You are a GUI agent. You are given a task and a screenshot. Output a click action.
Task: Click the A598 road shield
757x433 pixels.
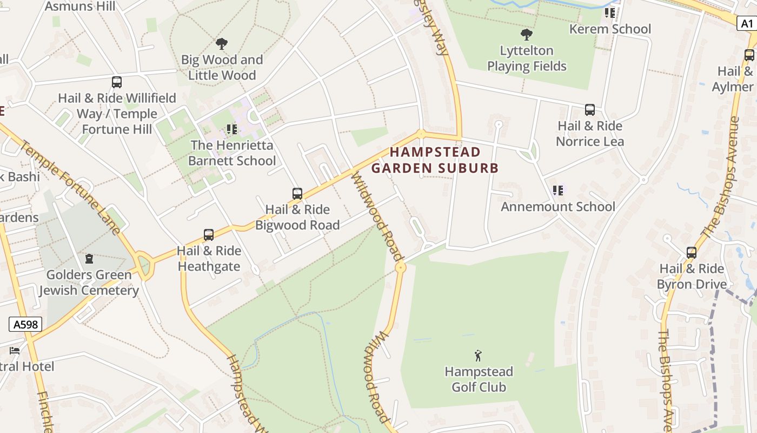point(25,324)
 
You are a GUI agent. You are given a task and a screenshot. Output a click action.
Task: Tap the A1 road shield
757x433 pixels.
point(747,23)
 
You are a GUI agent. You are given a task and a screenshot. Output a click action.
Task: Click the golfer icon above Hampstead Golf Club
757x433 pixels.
point(478,356)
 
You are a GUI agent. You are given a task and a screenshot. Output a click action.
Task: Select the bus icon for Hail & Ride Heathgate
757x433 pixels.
point(209,235)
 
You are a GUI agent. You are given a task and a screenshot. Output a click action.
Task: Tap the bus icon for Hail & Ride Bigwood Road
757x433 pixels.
point(297,193)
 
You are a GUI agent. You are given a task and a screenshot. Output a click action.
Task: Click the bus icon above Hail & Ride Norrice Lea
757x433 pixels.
point(590,110)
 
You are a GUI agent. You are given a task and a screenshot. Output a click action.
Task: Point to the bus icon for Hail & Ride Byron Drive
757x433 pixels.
point(691,253)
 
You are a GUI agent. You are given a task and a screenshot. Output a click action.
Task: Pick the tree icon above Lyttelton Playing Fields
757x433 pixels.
point(526,35)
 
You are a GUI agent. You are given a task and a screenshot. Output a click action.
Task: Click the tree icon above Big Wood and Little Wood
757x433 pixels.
point(221,44)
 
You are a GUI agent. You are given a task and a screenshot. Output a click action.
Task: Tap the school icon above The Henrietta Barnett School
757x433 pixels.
point(232,129)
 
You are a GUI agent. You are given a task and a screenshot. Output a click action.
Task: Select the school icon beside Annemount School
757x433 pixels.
point(558,191)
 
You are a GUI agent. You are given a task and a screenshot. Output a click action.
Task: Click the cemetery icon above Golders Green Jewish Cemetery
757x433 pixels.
point(89,259)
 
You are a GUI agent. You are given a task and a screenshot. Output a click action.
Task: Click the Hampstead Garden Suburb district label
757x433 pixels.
point(435,160)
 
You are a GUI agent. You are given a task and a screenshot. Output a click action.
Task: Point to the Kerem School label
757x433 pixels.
point(610,29)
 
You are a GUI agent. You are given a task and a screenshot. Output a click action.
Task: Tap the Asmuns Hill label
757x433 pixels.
point(80,6)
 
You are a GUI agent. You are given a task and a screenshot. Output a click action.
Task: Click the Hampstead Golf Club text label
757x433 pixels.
point(479,379)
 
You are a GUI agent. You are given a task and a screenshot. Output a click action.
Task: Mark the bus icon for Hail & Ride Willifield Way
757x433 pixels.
point(116,82)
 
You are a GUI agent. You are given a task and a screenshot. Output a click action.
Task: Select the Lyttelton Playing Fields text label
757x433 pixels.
point(527,58)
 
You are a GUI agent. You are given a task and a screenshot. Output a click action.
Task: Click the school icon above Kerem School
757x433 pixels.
point(610,12)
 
